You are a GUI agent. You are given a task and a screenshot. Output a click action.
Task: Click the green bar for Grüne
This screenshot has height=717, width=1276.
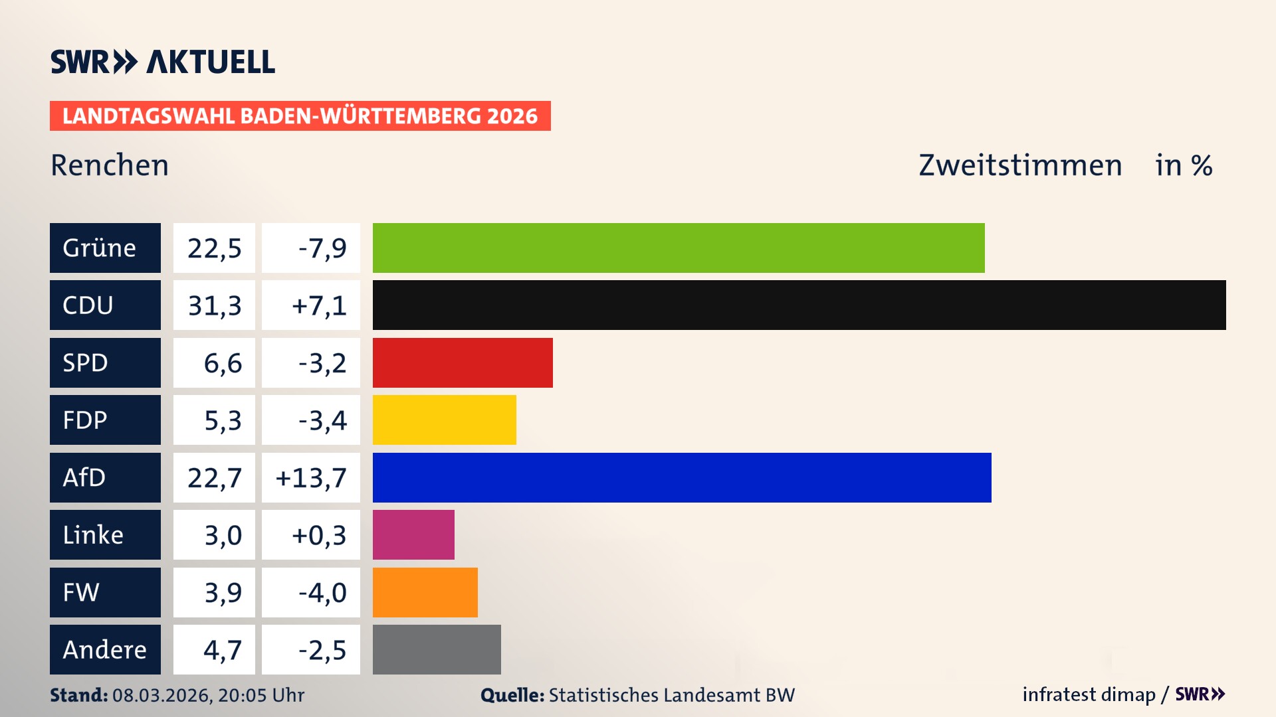coord(678,248)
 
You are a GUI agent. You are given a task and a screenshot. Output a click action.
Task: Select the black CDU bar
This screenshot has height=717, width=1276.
coord(799,305)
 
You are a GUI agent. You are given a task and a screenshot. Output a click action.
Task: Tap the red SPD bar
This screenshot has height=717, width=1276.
coord(463,362)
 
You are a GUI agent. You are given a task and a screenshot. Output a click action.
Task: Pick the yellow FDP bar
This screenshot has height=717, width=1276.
coord(444,420)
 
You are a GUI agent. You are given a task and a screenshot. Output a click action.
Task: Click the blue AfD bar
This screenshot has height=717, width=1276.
coord(681,477)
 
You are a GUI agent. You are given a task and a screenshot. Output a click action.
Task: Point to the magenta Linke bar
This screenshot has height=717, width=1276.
coord(413,534)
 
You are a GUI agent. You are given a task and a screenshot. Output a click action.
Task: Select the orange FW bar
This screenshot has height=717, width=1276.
coord(425,592)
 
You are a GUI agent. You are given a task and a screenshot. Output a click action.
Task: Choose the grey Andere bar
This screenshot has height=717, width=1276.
coord(437,649)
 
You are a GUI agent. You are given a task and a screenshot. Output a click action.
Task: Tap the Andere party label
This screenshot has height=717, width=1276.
coord(105,649)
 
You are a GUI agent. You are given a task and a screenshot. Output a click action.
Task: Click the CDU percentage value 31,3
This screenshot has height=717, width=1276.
coord(214,305)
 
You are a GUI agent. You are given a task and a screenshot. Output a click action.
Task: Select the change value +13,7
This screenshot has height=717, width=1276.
coord(311,478)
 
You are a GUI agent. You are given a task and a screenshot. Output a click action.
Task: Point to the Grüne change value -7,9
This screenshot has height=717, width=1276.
coord(322,248)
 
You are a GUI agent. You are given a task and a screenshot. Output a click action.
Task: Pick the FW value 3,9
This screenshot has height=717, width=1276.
coord(223,592)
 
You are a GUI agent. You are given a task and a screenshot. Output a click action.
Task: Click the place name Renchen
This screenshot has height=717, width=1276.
coord(110,165)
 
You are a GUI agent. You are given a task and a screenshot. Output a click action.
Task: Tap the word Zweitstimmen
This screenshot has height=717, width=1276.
coord(1020,165)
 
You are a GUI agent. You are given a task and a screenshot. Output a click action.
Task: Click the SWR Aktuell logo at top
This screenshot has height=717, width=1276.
coord(163,62)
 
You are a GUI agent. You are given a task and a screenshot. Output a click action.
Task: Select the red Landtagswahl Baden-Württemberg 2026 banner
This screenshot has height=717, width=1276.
coord(300,116)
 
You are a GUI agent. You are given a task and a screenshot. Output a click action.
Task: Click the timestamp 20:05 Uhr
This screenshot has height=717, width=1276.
coord(261,695)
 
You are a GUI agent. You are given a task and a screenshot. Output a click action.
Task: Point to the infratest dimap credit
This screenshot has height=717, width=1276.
coord(1089,694)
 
